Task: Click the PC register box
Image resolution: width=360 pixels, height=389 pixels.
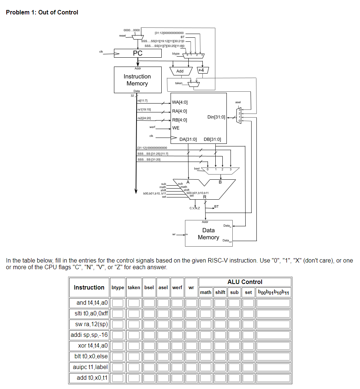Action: (x=138, y=53)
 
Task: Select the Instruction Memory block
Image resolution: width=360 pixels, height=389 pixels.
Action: (x=138, y=80)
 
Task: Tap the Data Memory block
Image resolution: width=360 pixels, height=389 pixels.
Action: (x=208, y=234)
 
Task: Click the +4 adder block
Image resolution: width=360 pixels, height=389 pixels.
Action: (x=203, y=70)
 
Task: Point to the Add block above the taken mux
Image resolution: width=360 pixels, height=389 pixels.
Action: (x=180, y=71)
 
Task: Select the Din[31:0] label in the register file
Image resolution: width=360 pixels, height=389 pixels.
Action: (x=216, y=117)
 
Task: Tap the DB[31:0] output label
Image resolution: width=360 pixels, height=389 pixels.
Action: (x=212, y=139)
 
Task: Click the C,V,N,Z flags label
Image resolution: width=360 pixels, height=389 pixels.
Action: (x=195, y=208)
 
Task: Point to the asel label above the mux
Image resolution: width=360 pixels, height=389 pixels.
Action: (x=238, y=102)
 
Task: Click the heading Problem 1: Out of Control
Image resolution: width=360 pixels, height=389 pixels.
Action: (x=42, y=12)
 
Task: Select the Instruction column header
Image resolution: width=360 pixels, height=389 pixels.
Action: (x=89, y=287)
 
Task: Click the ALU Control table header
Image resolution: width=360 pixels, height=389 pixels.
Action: (x=245, y=282)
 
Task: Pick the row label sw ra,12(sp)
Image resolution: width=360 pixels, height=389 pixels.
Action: (x=89, y=324)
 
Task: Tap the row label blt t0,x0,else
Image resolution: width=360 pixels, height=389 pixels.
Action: (x=89, y=356)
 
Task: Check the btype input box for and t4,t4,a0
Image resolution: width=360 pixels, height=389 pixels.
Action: (x=118, y=303)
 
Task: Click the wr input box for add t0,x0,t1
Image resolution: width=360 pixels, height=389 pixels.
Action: (x=191, y=378)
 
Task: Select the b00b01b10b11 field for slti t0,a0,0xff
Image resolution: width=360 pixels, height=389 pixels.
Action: (x=273, y=314)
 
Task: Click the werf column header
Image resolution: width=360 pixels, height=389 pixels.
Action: (x=177, y=287)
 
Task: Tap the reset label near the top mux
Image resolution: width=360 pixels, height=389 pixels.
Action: (x=122, y=35)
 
